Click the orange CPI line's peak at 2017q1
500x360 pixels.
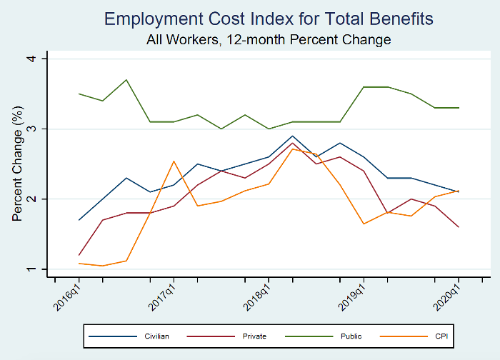coord(174,161)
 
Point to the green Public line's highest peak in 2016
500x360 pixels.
coord(126,80)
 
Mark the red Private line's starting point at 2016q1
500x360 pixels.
coord(79,255)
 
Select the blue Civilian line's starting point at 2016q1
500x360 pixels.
coord(79,220)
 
